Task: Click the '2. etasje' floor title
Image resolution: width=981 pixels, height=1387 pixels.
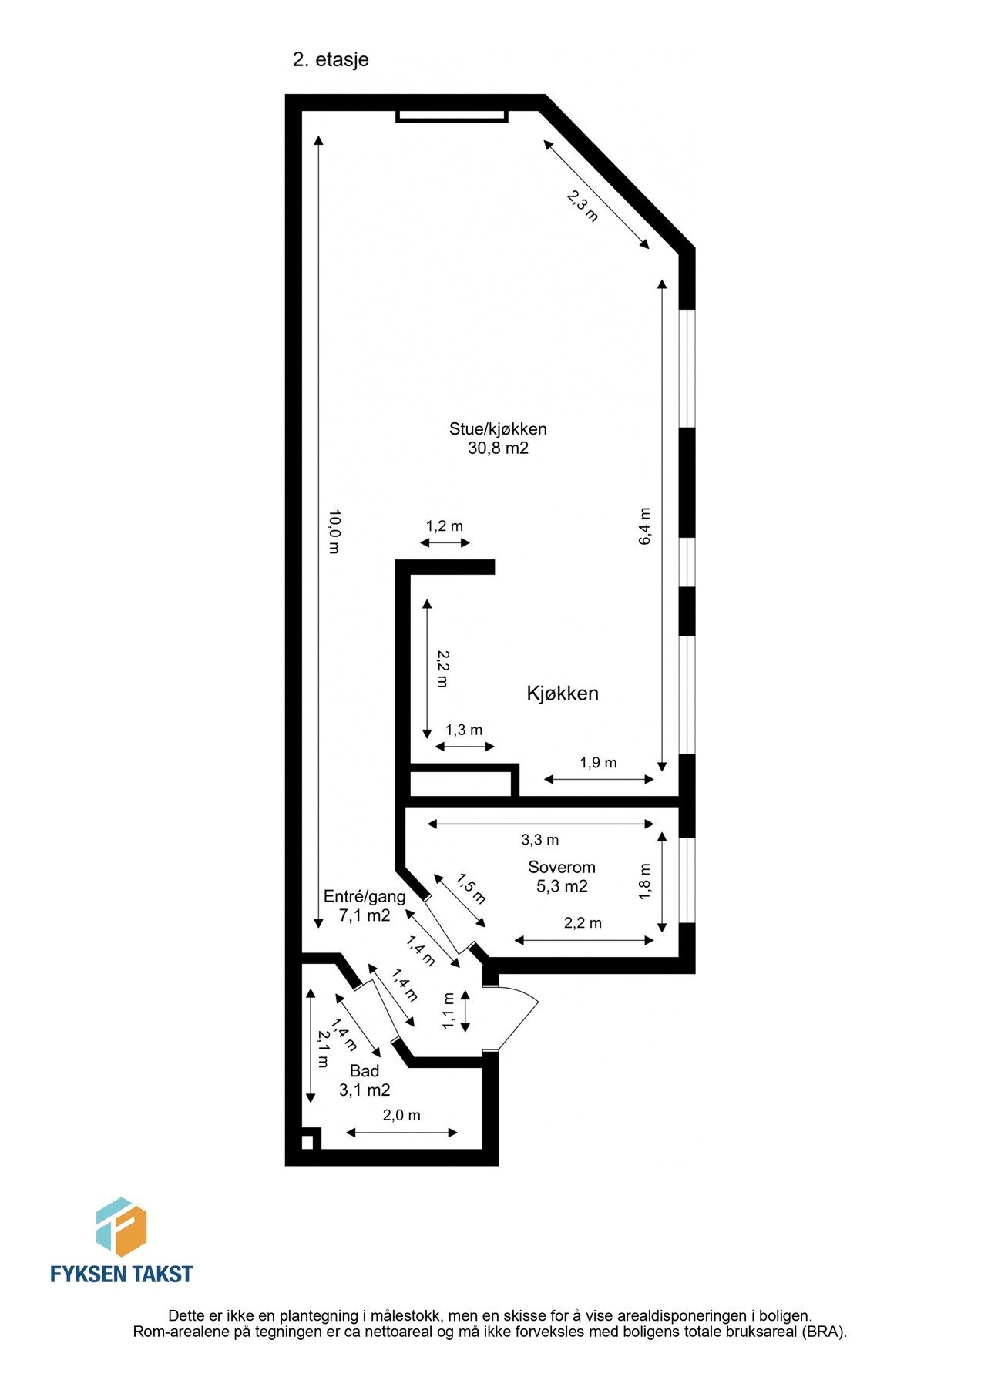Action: [331, 60]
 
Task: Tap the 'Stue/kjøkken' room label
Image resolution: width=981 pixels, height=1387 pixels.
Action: [498, 429]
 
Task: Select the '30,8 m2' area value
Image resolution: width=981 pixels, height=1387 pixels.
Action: [498, 448]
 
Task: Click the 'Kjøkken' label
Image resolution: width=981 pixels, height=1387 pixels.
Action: [563, 693]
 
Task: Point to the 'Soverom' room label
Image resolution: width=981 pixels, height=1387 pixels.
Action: [562, 868]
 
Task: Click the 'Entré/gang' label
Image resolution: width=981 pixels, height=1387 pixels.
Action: [365, 896]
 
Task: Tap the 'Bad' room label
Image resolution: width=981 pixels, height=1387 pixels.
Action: [365, 1071]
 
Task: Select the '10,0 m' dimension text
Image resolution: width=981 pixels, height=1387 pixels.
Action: [334, 532]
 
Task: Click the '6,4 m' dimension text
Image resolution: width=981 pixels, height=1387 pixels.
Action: [645, 527]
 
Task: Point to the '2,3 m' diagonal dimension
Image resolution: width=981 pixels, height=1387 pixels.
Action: [583, 206]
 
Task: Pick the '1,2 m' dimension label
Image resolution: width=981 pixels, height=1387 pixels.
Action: [445, 526]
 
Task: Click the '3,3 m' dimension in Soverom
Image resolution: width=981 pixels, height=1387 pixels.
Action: [540, 840]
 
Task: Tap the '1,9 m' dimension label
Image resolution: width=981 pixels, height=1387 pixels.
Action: [599, 763]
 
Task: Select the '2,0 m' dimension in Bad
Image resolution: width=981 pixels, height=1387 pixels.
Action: [401, 1115]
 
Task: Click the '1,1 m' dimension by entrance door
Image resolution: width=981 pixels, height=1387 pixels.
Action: [449, 1011]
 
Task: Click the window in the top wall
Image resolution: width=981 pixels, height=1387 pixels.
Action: [452, 116]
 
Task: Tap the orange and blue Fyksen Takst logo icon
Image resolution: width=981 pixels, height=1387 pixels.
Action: [121, 1226]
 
